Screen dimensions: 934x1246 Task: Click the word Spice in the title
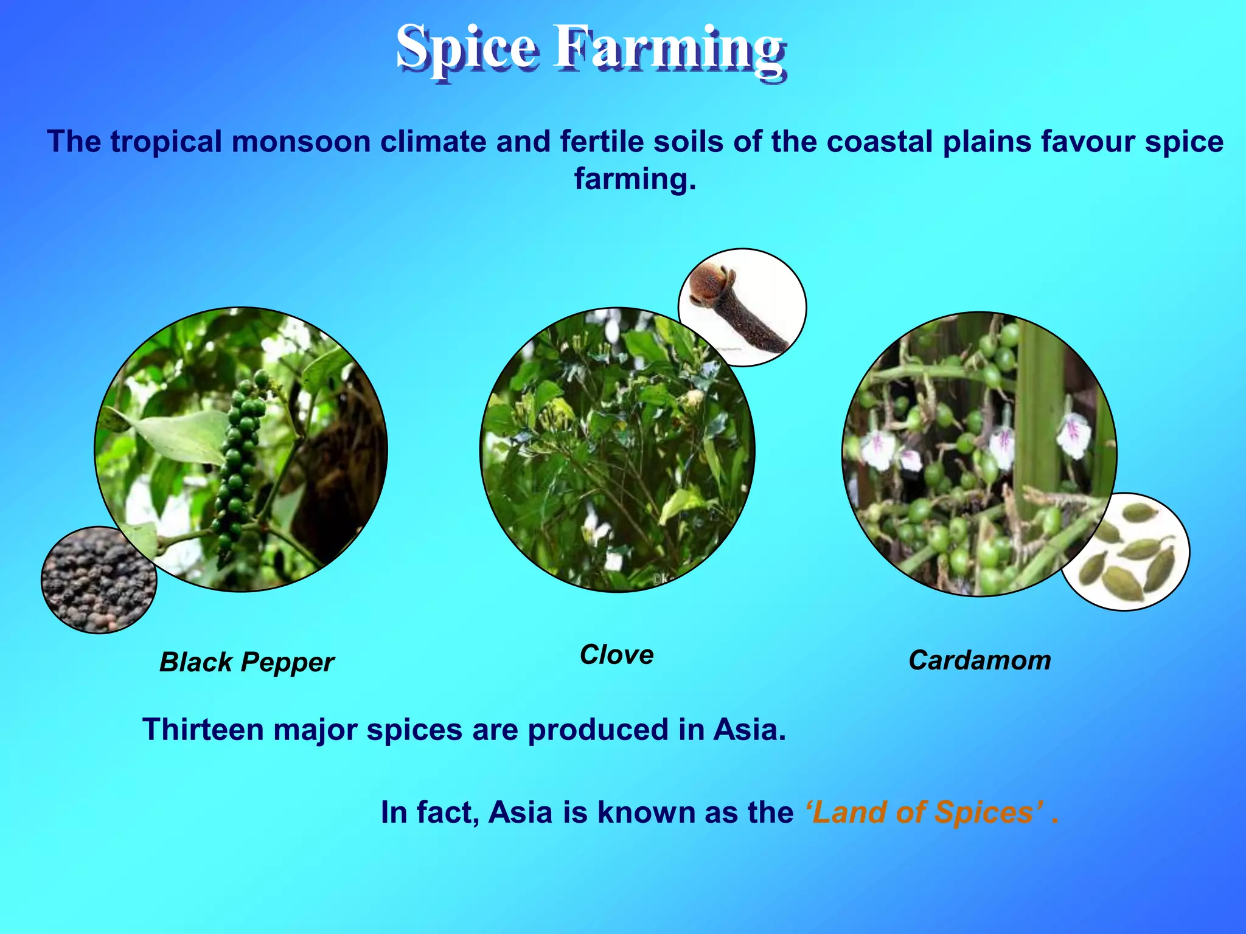coord(466,49)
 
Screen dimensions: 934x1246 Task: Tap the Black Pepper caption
coord(246,662)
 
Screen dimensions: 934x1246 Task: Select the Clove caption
coord(616,655)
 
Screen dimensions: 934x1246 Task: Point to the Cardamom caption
coord(980,660)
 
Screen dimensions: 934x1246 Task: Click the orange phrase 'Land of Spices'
coord(924,812)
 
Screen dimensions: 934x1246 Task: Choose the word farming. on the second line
coord(635,179)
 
